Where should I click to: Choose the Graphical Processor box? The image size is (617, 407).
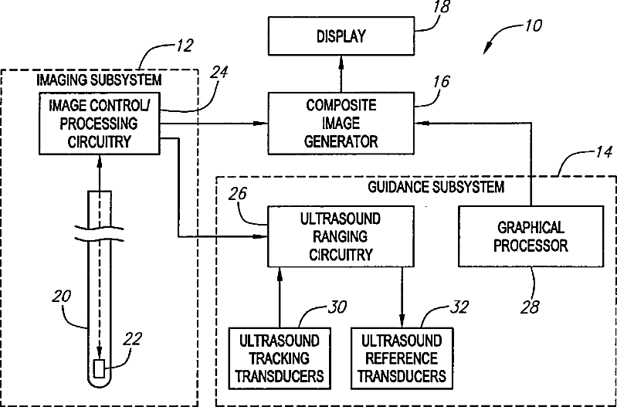click(x=531, y=235)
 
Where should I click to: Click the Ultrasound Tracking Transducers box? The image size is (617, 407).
click(x=280, y=358)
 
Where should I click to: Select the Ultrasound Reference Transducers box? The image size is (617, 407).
click(x=402, y=358)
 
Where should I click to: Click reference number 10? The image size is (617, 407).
click(x=532, y=24)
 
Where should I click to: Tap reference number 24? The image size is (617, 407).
click(x=219, y=74)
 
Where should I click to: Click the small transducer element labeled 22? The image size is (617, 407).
click(x=98, y=367)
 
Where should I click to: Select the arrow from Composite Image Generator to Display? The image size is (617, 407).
click(x=341, y=74)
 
